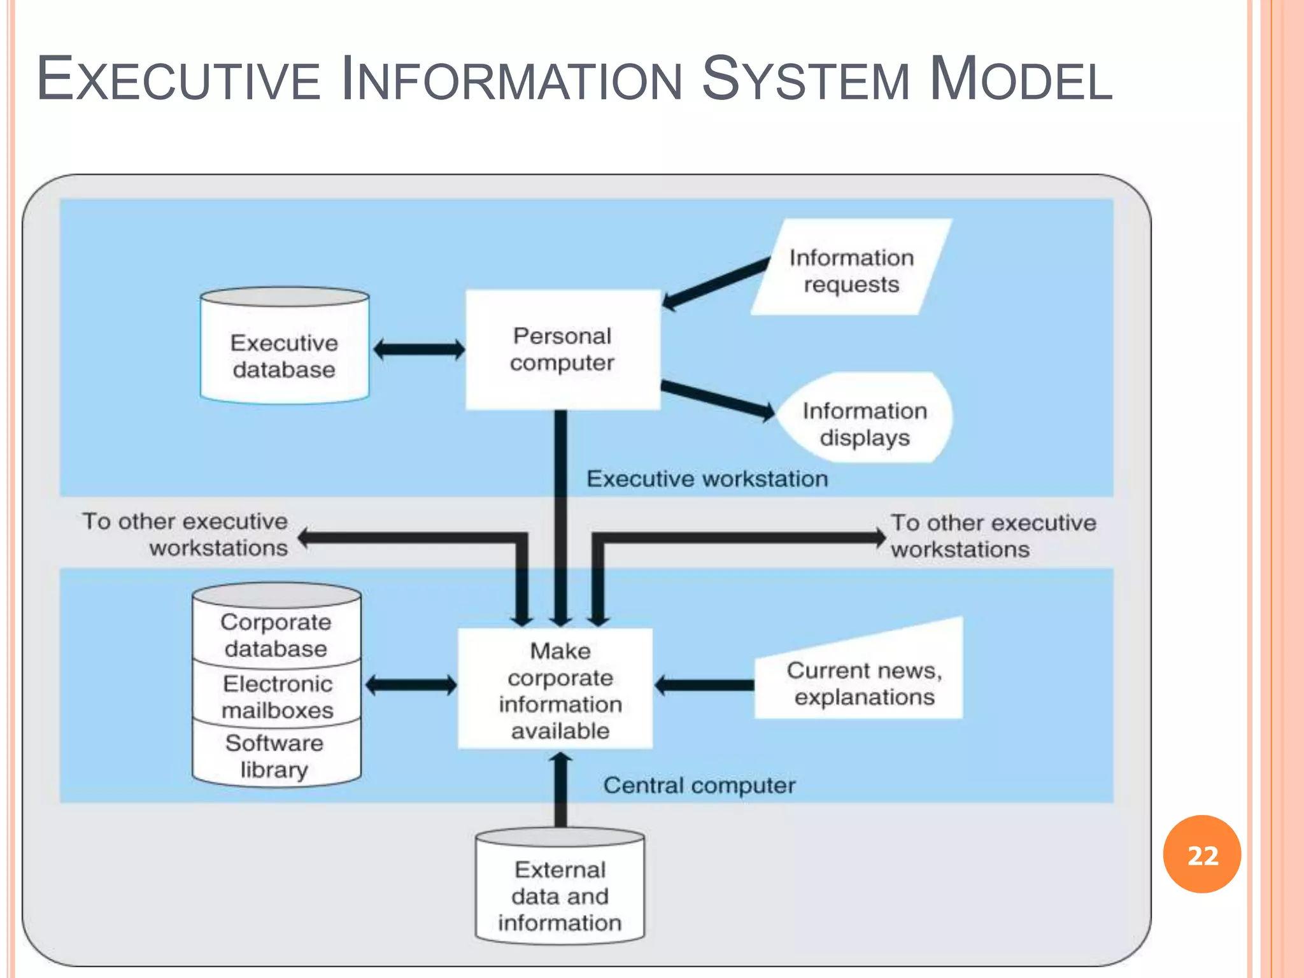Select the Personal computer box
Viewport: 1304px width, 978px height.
[562, 350]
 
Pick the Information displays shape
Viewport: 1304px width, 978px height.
[864, 423]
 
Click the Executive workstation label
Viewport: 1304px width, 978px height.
[707, 479]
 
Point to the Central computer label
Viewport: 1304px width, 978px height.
[699, 785]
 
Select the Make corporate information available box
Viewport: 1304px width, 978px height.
[560, 690]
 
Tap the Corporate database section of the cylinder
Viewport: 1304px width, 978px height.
[276, 635]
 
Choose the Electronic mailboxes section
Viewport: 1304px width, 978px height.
[277, 696]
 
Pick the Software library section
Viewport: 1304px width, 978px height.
[274, 756]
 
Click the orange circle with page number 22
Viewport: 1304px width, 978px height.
[1201, 854]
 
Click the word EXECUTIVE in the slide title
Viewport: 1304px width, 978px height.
[178, 80]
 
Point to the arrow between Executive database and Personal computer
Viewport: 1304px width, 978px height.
[418, 349]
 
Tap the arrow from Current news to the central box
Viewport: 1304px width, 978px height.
[704, 685]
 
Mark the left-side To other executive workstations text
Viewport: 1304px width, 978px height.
[185, 534]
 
